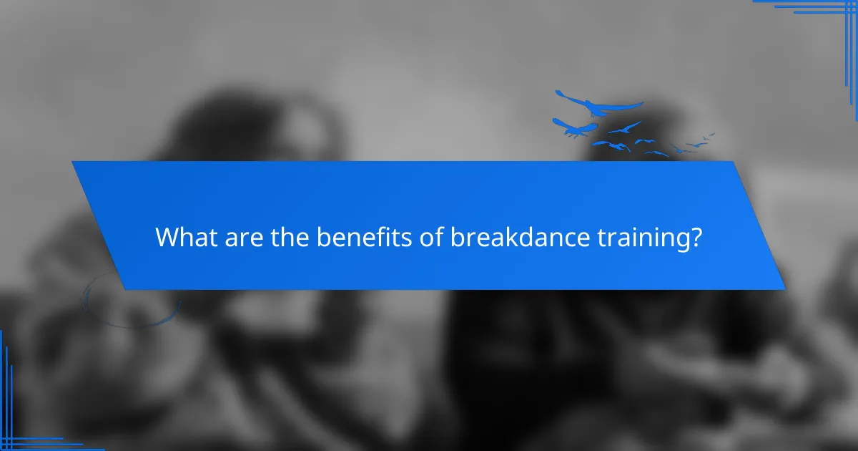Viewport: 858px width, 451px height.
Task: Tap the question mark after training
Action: point(696,238)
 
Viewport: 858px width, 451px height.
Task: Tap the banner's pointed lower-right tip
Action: point(784,289)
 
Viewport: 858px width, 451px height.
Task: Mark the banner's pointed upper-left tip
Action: point(72,162)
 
